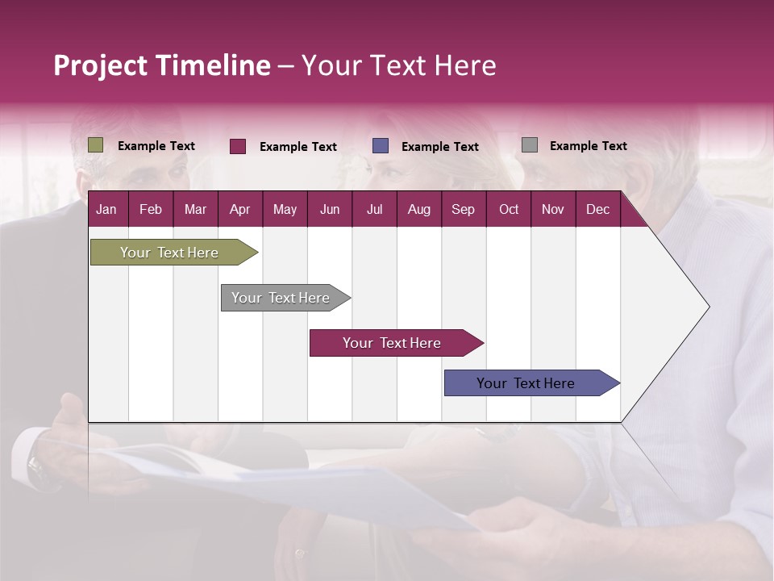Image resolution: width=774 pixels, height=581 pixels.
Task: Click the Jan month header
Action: pyautogui.click(x=106, y=210)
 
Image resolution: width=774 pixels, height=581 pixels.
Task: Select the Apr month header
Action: pyautogui.click(x=240, y=210)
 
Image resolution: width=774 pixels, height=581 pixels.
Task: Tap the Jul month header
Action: pyautogui.click(x=374, y=210)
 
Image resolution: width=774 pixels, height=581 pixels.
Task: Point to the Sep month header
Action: pyautogui.click(x=464, y=210)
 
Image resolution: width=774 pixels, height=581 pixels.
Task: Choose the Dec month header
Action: pyautogui.click(x=597, y=210)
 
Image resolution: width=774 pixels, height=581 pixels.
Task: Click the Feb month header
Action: pyautogui.click(x=151, y=210)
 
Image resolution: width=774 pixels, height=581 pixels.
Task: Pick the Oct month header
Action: pyautogui.click(x=509, y=210)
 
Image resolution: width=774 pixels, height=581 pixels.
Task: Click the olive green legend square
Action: pyautogui.click(x=96, y=145)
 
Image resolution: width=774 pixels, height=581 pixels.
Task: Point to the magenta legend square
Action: pyautogui.click(x=238, y=146)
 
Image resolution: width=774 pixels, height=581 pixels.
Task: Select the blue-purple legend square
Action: pyautogui.click(x=381, y=146)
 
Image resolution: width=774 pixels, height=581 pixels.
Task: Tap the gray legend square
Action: pyautogui.click(x=530, y=145)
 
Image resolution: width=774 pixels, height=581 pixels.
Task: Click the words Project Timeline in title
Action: pyautogui.click(x=162, y=65)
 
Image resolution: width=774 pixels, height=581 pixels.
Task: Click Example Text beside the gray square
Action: pyautogui.click(x=588, y=146)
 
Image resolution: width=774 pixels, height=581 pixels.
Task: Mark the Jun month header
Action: pyautogui.click(x=330, y=210)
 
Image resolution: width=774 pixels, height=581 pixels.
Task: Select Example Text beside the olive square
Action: pyautogui.click(x=156, y=146)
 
